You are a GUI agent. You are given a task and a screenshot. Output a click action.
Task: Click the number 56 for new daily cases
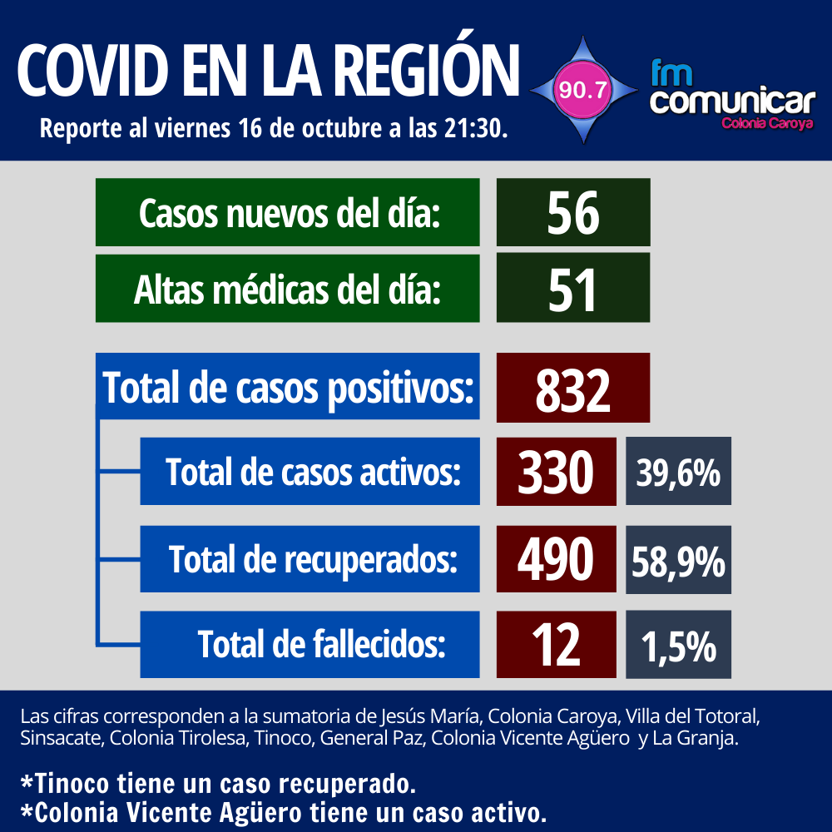tap(572, 212)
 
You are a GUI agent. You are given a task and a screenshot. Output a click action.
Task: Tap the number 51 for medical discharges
tap(572, 288)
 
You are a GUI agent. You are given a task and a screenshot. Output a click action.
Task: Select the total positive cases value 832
tap(572, 388)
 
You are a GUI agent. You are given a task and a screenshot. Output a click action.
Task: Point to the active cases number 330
tap(556, 472)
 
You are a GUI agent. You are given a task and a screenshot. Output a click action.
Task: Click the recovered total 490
tap(556, 559)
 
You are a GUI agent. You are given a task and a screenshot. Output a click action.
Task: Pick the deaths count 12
tap(556, 644)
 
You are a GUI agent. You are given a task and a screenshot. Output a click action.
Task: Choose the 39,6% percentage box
tap(678, 472)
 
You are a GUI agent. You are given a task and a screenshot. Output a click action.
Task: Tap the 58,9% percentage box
tap(678, 559)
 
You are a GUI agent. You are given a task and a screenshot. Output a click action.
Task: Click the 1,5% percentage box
tap(678, 644)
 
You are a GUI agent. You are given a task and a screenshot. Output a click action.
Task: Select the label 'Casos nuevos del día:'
tap(288, 212)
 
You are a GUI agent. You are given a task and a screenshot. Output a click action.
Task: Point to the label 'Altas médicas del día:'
tap(288, 288)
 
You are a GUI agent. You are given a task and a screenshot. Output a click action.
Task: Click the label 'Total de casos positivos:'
tap(288, 388)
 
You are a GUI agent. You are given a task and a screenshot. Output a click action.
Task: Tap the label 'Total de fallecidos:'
tap(321, 644)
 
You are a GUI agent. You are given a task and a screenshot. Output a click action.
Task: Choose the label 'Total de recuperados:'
tap(313, 559)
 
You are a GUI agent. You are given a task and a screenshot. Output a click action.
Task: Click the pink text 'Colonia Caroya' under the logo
tap(766, 123)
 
